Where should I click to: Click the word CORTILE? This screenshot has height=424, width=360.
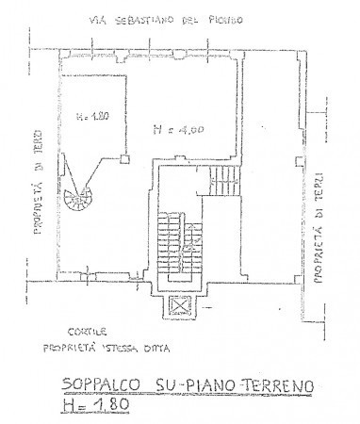[x=86, y=334]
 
